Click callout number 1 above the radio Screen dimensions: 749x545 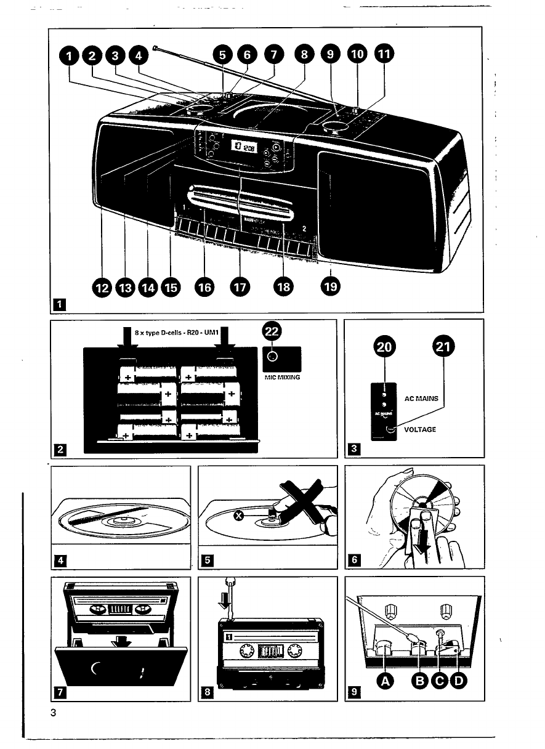[x=70, y=56]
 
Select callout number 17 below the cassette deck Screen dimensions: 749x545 [x=238, y=286]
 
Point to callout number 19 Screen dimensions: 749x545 [x=330, y=286]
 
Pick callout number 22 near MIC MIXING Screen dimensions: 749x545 [x=272, y=331]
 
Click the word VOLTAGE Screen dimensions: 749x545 [x=420, y=429]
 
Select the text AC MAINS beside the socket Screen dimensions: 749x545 [x=421, y=399]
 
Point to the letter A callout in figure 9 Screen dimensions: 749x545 [x=385, y=680]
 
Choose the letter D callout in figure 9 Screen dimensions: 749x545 [x=459, y=680]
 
